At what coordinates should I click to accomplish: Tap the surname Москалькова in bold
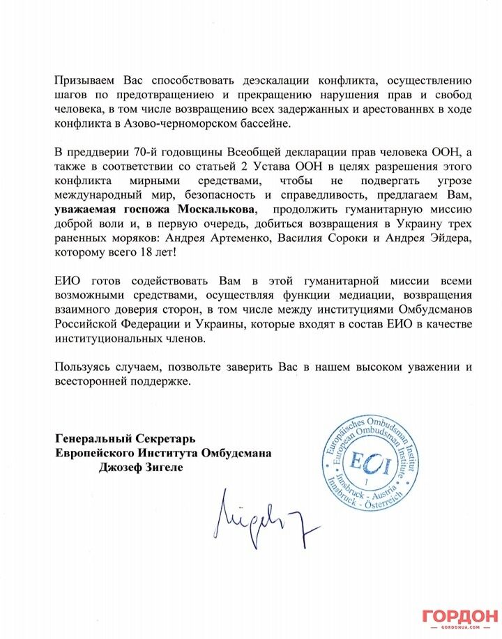coord(216,209)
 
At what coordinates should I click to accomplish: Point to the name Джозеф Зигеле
coord(132,467)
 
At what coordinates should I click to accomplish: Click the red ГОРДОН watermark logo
coord(459,617)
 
